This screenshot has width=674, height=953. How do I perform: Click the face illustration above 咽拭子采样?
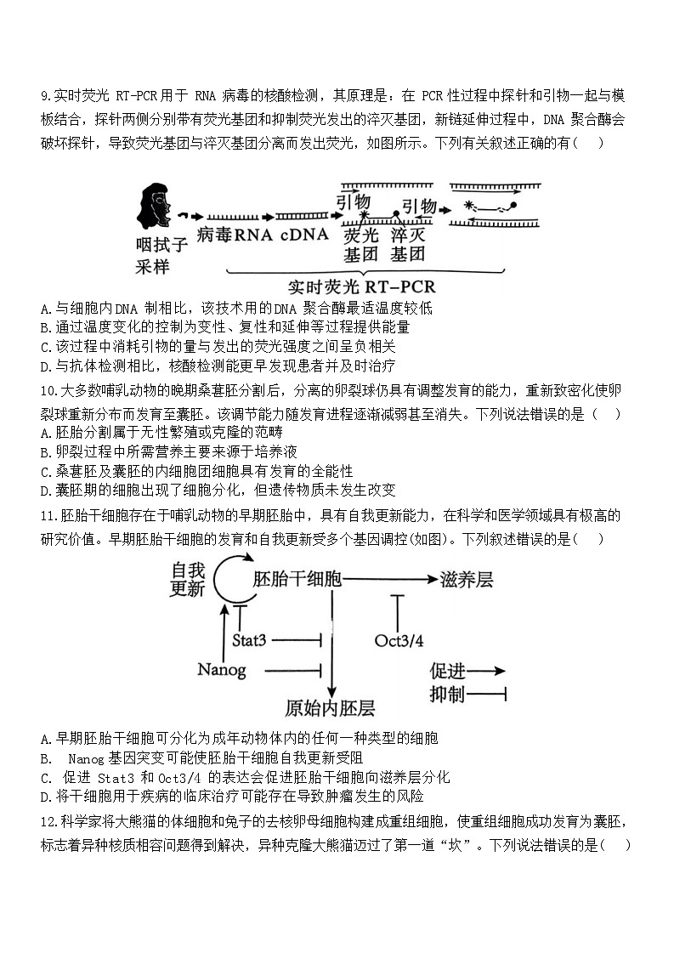(x=154, y=206)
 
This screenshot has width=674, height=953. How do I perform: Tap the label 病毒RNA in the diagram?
(x=235, y=235)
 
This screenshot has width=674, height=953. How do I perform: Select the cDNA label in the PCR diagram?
(x=303, y=235)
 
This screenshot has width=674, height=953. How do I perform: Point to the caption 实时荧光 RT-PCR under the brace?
(x=361, y=286)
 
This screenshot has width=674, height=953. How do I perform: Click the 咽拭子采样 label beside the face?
(x=161, y=255)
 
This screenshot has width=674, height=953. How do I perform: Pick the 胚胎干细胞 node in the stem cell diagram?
(x=297, y=579)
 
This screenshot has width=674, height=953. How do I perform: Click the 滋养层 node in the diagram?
(x=467, y=579)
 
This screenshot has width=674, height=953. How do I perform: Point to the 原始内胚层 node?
(x=331, y=707)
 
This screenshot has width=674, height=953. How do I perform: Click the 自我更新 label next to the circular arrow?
(x=189, y=578)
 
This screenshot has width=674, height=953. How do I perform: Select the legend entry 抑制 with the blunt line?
(x=468, y=695)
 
